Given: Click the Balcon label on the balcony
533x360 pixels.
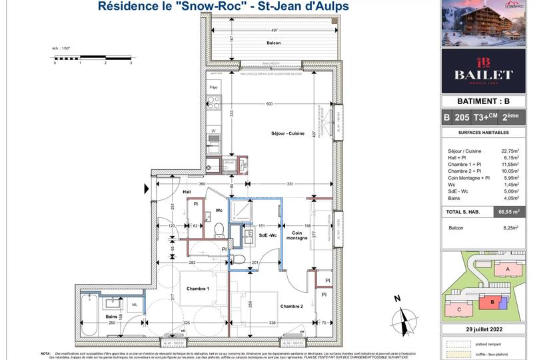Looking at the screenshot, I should coord(271,43).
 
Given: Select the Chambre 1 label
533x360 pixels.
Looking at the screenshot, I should coord(198,288).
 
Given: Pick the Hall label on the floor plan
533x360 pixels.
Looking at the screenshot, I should coord(187,191).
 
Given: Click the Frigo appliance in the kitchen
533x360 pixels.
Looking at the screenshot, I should coord(213,87).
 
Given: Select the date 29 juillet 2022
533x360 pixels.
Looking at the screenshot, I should coord(487,331).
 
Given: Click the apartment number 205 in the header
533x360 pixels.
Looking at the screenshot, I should coord(461,117).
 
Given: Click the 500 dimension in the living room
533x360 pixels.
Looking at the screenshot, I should coord(268,104).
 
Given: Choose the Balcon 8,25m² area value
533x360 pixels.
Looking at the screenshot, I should coord(512,227).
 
